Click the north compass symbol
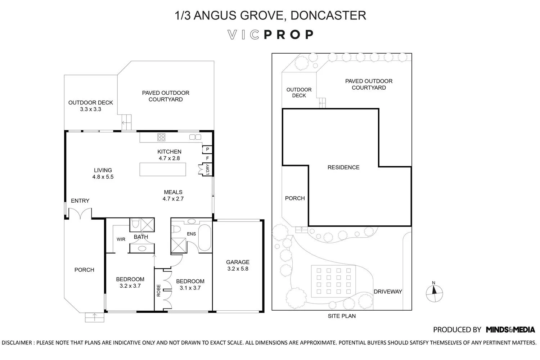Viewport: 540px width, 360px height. coord(434,293)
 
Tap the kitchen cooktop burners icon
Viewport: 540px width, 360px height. coord(161,137)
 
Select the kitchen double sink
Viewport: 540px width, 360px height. coord(195,137)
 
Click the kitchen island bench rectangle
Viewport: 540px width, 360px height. coord(163,169)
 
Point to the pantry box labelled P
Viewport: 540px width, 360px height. coord(207,149)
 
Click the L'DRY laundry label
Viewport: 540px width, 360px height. coord(208,169)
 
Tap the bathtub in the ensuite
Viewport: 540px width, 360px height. coord(204,238)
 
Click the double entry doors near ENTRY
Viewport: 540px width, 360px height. coord(80,214)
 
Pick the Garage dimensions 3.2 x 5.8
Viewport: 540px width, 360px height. coord(238,269)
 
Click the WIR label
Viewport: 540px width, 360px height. coord(121,239)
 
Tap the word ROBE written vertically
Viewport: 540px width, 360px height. coord(158,291)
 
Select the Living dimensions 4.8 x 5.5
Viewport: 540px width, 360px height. coord(103,177)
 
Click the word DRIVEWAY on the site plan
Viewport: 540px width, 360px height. coord(388,292)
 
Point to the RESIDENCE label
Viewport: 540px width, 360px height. coord(343,167)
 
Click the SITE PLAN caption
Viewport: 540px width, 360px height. coord(342,316)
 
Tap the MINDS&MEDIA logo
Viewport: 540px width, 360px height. coord(510,330)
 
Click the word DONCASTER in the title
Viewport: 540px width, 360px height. coord(328,15)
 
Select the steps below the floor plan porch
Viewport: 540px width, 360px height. coord(94,317)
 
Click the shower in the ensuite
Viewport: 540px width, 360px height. coord(179,246)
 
